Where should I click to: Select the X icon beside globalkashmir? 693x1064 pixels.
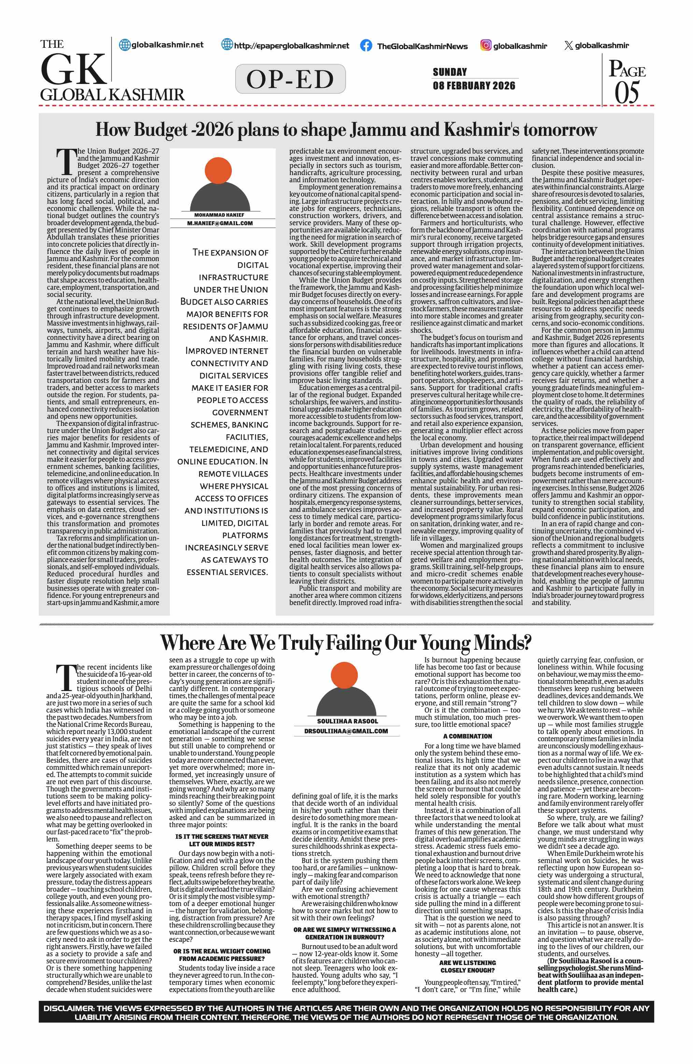568,45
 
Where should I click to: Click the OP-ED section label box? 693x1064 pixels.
290,79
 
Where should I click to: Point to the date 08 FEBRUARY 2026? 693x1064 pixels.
473,85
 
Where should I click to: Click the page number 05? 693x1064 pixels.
626,93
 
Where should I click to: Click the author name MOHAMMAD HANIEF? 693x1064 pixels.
219,215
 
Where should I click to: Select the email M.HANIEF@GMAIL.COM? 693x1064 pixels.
220,223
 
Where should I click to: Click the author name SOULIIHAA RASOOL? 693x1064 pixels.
348,721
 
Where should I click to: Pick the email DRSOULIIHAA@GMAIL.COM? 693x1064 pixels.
346,731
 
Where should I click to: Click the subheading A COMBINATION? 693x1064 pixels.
467,736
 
